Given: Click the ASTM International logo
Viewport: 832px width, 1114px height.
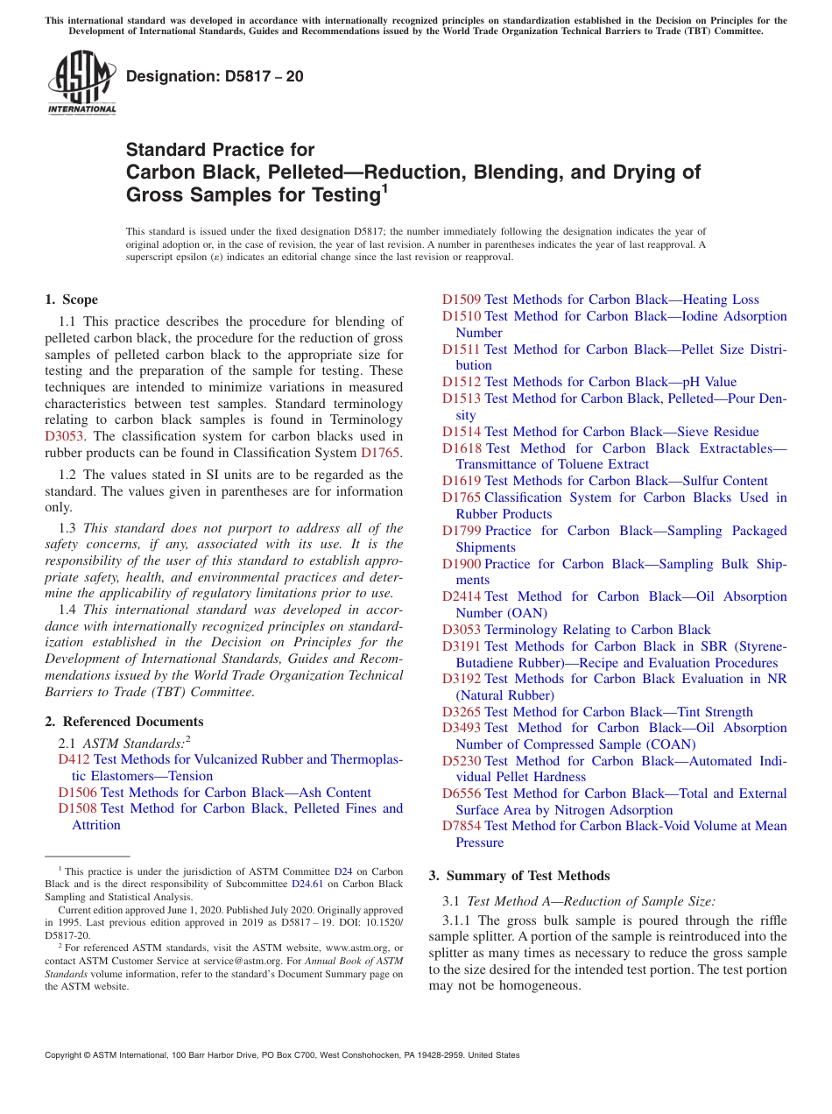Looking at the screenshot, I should pos(81,82).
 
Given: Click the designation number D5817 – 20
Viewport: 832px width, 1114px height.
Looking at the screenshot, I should pos(215,76).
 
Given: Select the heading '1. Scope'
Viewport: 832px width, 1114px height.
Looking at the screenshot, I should pos(72,300).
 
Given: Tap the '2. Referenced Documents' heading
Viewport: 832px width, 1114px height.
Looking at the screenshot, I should pos(124,722).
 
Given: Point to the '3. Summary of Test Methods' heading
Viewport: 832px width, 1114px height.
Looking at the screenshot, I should pos(519,876).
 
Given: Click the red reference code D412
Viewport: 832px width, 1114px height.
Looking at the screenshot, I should pos(74,759).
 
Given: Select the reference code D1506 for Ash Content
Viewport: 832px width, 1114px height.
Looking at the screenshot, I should pos(77,793).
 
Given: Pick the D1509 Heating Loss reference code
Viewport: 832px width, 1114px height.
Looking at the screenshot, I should pos(461,300).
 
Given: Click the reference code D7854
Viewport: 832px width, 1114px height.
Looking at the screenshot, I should pos(461,826).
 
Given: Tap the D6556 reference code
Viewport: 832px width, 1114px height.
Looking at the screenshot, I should pos(461,793).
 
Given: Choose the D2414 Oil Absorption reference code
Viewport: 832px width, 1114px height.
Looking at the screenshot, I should pos(461,596).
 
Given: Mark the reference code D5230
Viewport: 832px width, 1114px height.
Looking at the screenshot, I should pos(461,761).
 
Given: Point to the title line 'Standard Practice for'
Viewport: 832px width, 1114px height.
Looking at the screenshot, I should pos(220,150).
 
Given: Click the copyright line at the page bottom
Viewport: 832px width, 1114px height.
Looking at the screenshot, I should pos(282,1055).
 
